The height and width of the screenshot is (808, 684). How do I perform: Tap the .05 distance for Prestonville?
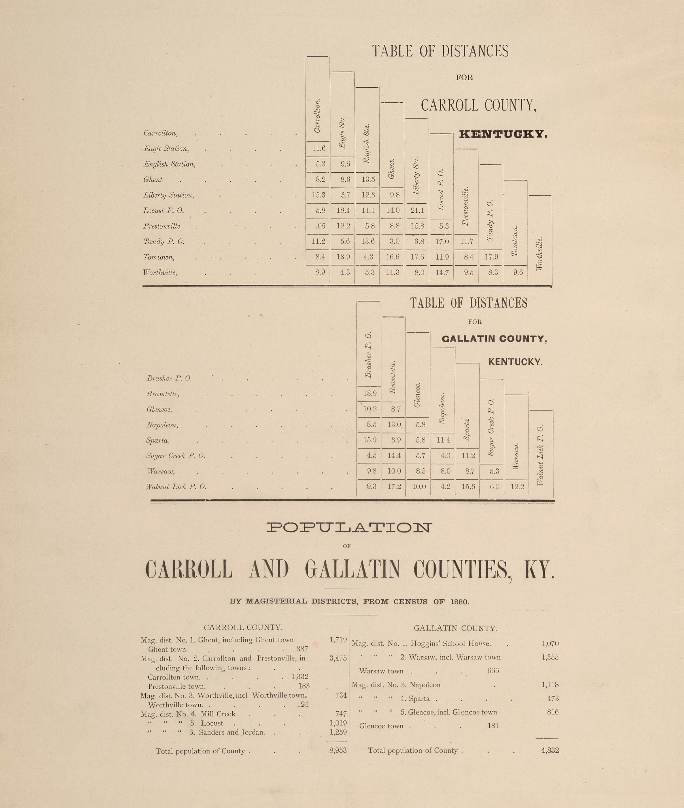320,226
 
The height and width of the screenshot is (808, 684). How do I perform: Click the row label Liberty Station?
169,195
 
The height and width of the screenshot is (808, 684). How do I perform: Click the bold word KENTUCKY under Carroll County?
503,135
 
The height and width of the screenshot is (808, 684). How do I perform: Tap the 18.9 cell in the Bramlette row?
369,393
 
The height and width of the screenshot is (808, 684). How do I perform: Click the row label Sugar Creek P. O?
176,456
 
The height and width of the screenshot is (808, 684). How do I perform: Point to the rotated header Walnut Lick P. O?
541,455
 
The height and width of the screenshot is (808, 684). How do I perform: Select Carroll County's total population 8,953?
338,750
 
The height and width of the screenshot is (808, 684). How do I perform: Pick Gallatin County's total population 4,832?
550,750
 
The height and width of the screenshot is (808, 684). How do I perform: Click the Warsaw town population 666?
493,671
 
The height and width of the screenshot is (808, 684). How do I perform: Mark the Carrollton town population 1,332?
300,677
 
